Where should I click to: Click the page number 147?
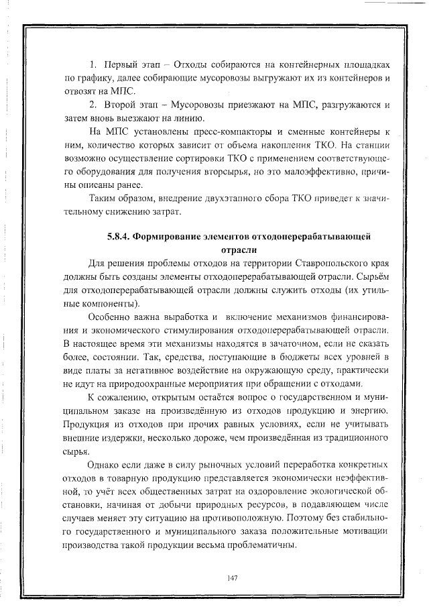[x=233, y=577]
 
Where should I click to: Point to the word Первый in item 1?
[x=120, y=66]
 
